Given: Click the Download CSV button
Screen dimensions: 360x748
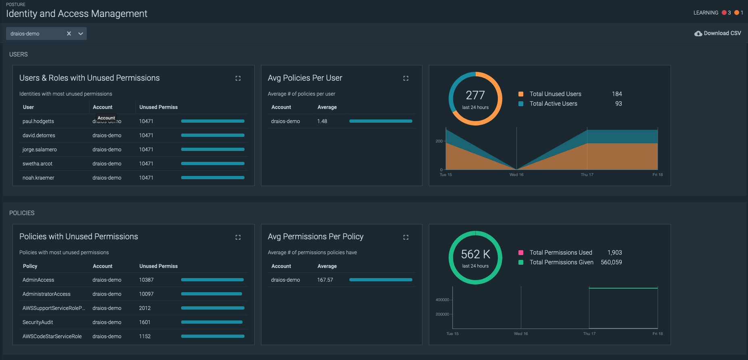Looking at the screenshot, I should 718,33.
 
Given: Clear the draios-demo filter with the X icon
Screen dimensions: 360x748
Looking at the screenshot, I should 69,33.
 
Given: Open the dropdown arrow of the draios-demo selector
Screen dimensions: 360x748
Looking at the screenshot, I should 81,33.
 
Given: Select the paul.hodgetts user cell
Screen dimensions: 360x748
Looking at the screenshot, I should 38,121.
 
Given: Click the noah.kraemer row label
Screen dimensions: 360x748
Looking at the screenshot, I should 38,178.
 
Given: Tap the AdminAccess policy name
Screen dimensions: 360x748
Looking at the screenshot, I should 38,280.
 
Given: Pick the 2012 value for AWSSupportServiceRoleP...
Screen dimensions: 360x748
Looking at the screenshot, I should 145,308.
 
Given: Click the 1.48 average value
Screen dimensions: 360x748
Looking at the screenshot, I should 322,121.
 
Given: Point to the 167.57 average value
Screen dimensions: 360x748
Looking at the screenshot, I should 325,280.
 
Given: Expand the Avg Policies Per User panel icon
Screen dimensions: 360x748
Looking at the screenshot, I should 406,78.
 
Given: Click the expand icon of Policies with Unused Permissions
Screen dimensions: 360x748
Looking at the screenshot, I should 238,237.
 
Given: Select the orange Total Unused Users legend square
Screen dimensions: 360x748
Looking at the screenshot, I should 521,94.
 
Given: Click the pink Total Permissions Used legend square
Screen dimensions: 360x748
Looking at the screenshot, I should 521,253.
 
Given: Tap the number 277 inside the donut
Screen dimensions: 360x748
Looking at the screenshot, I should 475,95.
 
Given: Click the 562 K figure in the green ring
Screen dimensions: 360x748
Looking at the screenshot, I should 475,254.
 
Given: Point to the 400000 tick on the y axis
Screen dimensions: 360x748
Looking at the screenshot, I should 442,300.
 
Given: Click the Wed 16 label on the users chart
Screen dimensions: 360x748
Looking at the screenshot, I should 516,175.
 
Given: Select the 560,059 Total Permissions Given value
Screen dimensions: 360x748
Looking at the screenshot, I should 611,262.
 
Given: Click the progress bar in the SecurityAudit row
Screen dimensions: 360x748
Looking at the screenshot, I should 212,322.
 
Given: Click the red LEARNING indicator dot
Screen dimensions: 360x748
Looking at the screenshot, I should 724,13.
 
